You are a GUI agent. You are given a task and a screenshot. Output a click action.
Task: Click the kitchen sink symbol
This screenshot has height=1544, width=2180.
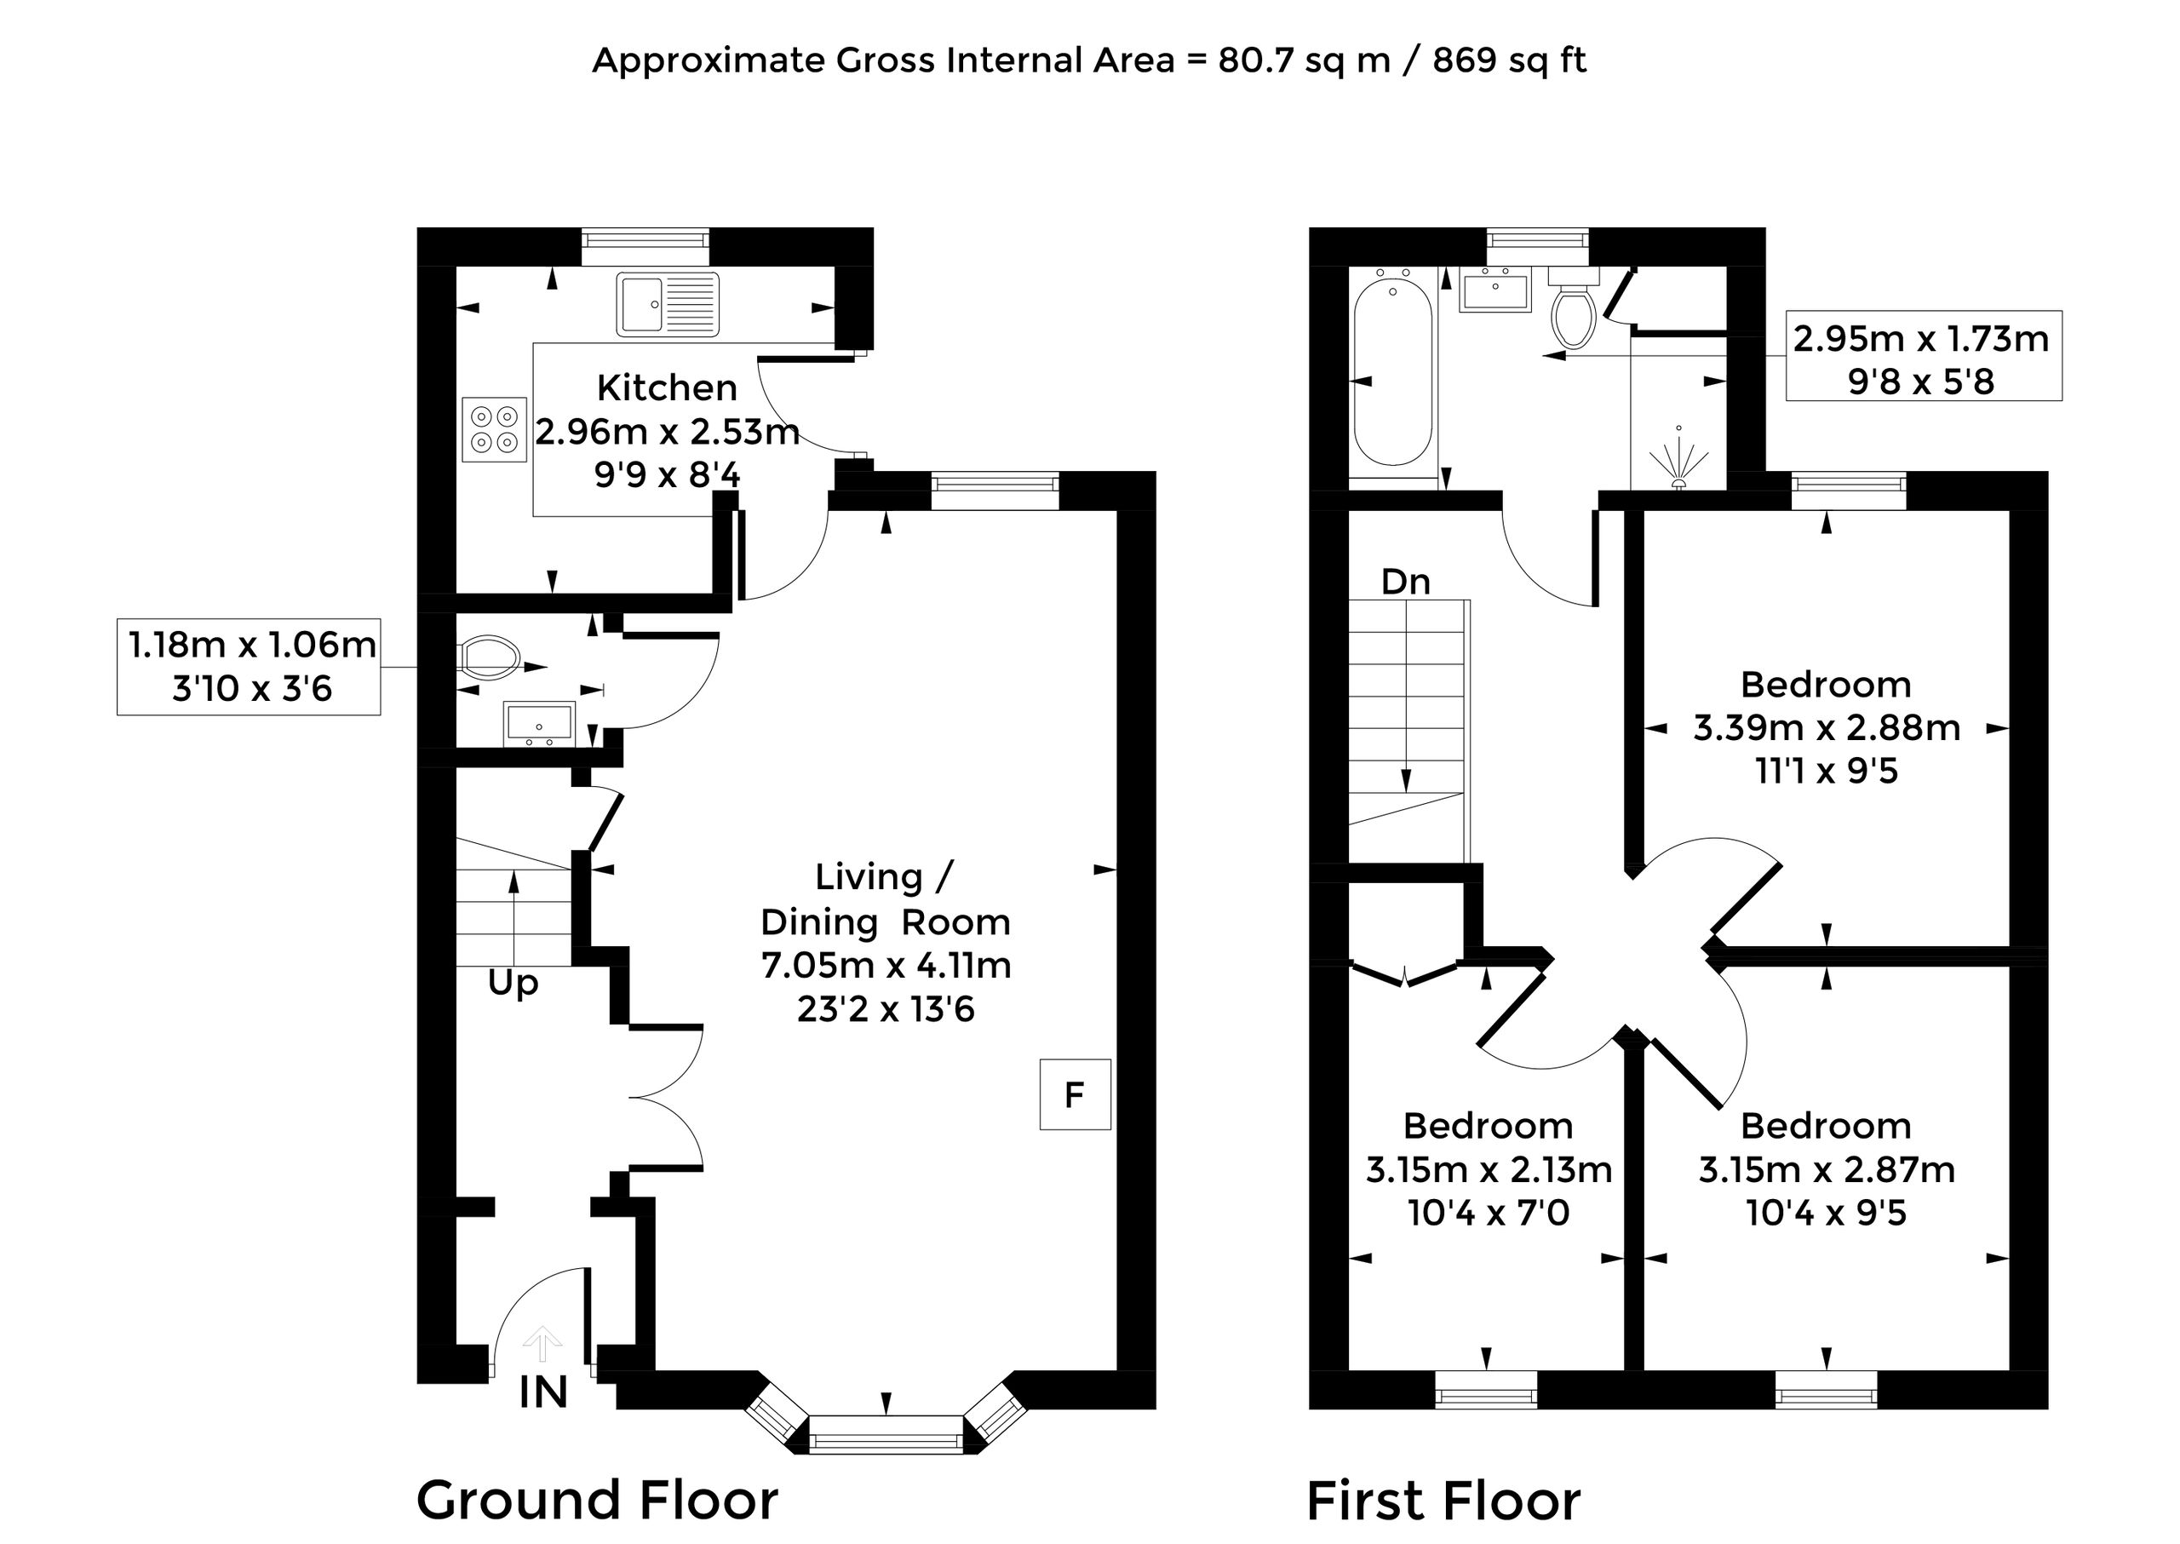point(668,304)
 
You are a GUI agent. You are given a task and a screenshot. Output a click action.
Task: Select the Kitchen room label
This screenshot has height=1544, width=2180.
point(668,387)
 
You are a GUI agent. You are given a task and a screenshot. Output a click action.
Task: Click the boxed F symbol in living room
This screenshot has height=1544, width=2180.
point(1076,1094)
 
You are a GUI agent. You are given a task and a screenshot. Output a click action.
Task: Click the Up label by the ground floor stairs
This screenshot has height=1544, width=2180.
point(513,984)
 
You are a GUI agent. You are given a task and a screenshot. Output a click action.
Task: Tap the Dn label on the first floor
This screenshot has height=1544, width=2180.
point(1405,581)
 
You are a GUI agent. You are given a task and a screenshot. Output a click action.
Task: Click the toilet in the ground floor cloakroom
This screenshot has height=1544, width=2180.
point(489,655)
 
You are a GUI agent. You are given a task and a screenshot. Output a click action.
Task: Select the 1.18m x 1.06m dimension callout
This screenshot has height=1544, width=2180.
point(250,667)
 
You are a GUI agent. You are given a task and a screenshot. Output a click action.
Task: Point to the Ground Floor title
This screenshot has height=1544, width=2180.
point(597,1501)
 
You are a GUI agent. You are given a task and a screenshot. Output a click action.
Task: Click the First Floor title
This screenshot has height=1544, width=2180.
point(1443,1501)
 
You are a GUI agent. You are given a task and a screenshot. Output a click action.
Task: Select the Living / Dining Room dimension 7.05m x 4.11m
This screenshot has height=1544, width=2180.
point(886,966)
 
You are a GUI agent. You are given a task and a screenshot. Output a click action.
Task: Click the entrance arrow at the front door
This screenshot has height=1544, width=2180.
point(542,1345)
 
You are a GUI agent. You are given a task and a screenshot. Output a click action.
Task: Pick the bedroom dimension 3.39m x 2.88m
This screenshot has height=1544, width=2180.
point(1827,728)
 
